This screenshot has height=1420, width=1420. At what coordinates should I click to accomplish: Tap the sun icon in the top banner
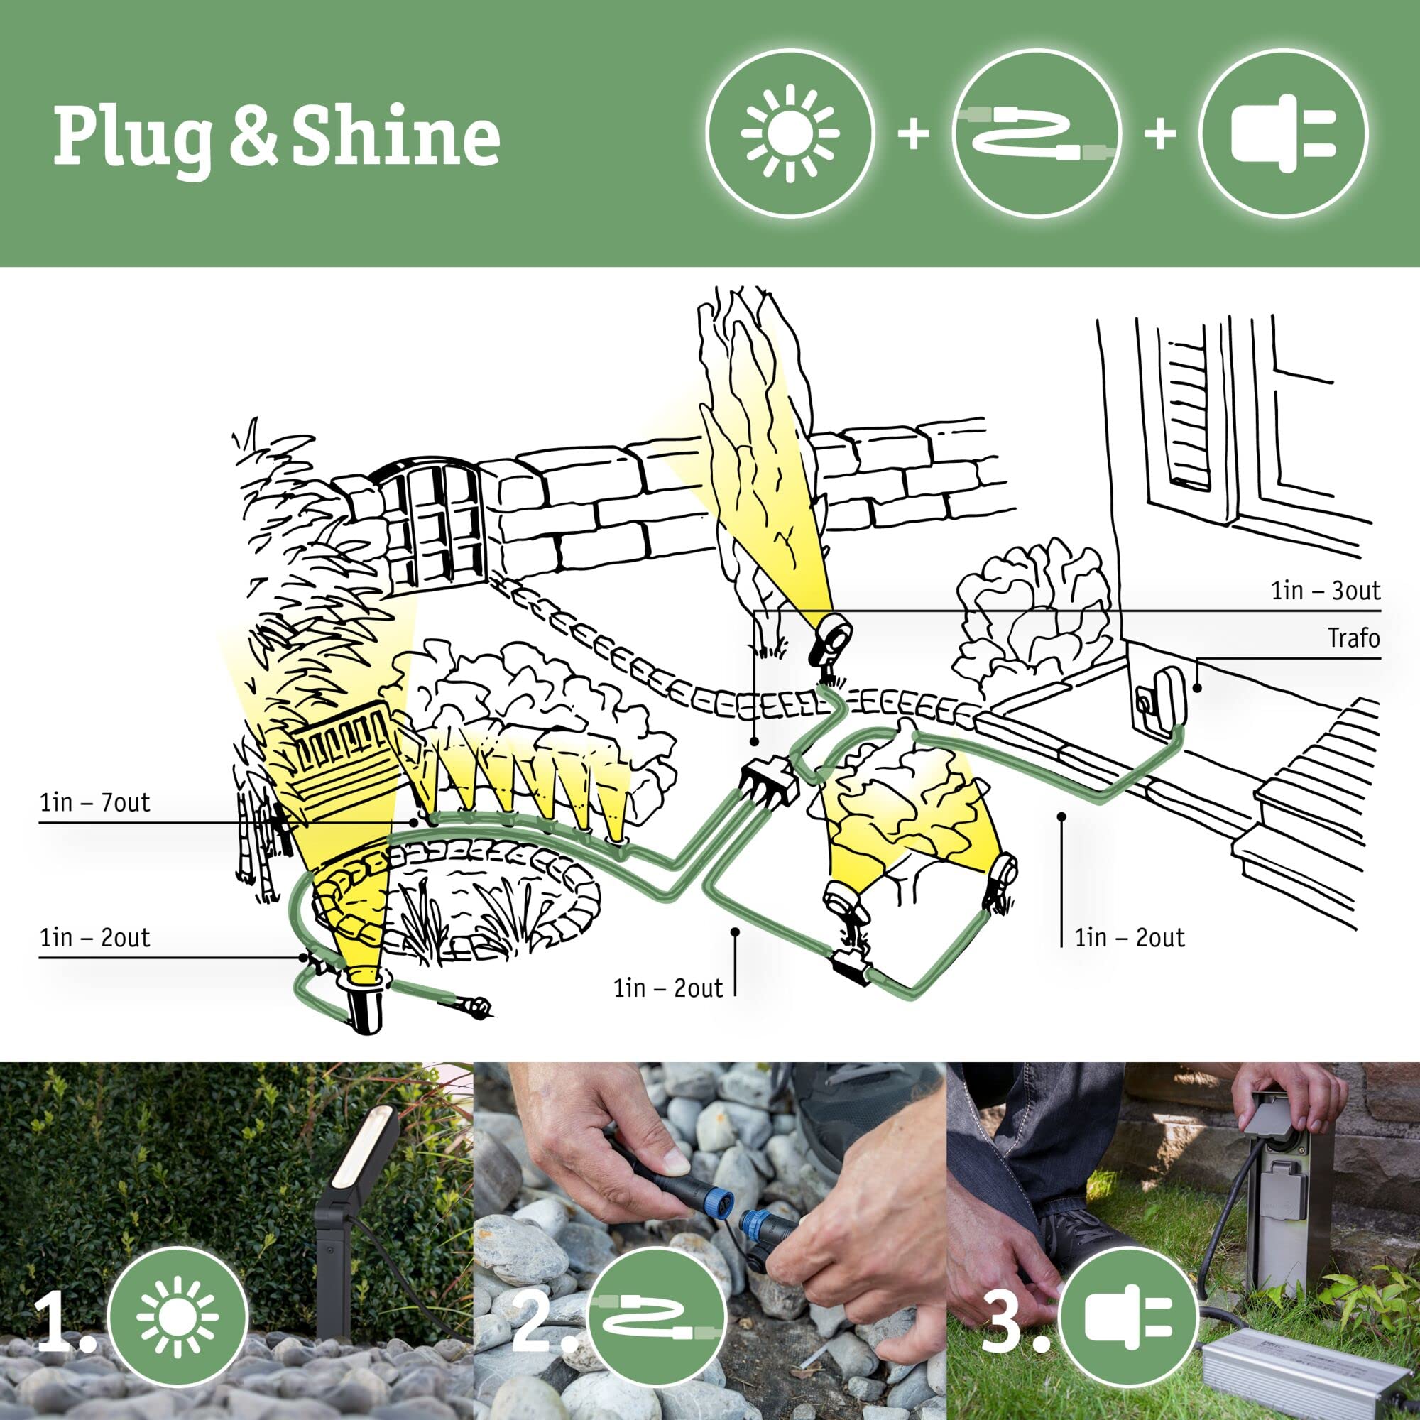(790, 133)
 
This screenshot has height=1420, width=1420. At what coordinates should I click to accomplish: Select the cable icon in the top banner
(1037, 133)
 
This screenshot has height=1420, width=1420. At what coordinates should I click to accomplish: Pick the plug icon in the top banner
(1284, 133)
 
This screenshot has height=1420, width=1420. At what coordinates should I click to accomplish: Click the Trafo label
(1353, 638)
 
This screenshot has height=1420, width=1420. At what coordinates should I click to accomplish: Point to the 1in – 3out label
(1325, 590)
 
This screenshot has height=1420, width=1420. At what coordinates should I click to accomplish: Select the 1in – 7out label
(95, 802)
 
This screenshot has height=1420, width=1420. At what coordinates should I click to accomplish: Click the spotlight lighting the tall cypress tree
(833, 630)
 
